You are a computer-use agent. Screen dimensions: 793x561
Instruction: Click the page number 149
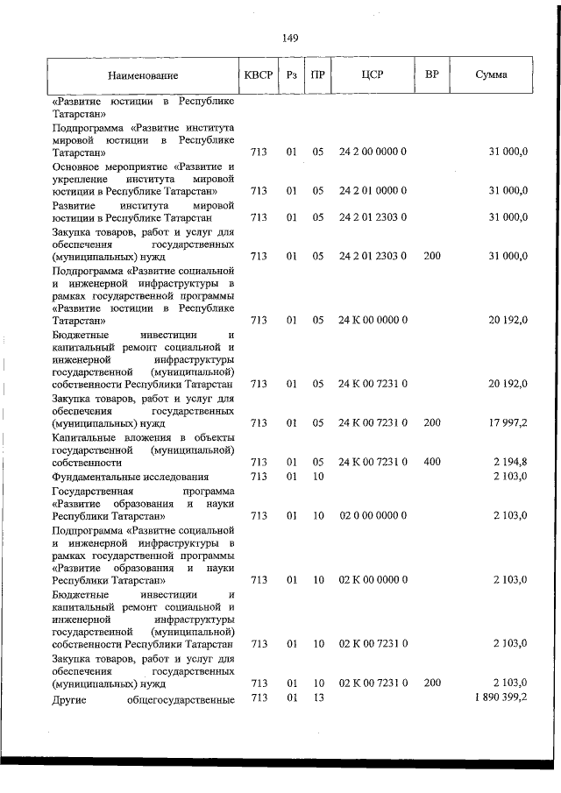pos(291,38)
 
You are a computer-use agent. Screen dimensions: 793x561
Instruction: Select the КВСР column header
pos(259,74)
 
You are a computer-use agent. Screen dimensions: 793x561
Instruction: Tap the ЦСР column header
pos(373,74)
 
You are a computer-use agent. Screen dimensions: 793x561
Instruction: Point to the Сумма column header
pos(491,74)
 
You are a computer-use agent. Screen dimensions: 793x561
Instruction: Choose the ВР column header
pos(431,74)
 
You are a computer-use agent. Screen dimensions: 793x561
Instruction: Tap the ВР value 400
pos(431,462)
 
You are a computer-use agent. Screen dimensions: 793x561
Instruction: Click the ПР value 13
pos(318,697)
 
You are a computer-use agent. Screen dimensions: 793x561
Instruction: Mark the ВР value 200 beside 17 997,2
pos(431,423)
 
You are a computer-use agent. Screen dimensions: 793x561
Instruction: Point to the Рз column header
pos(292,74)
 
